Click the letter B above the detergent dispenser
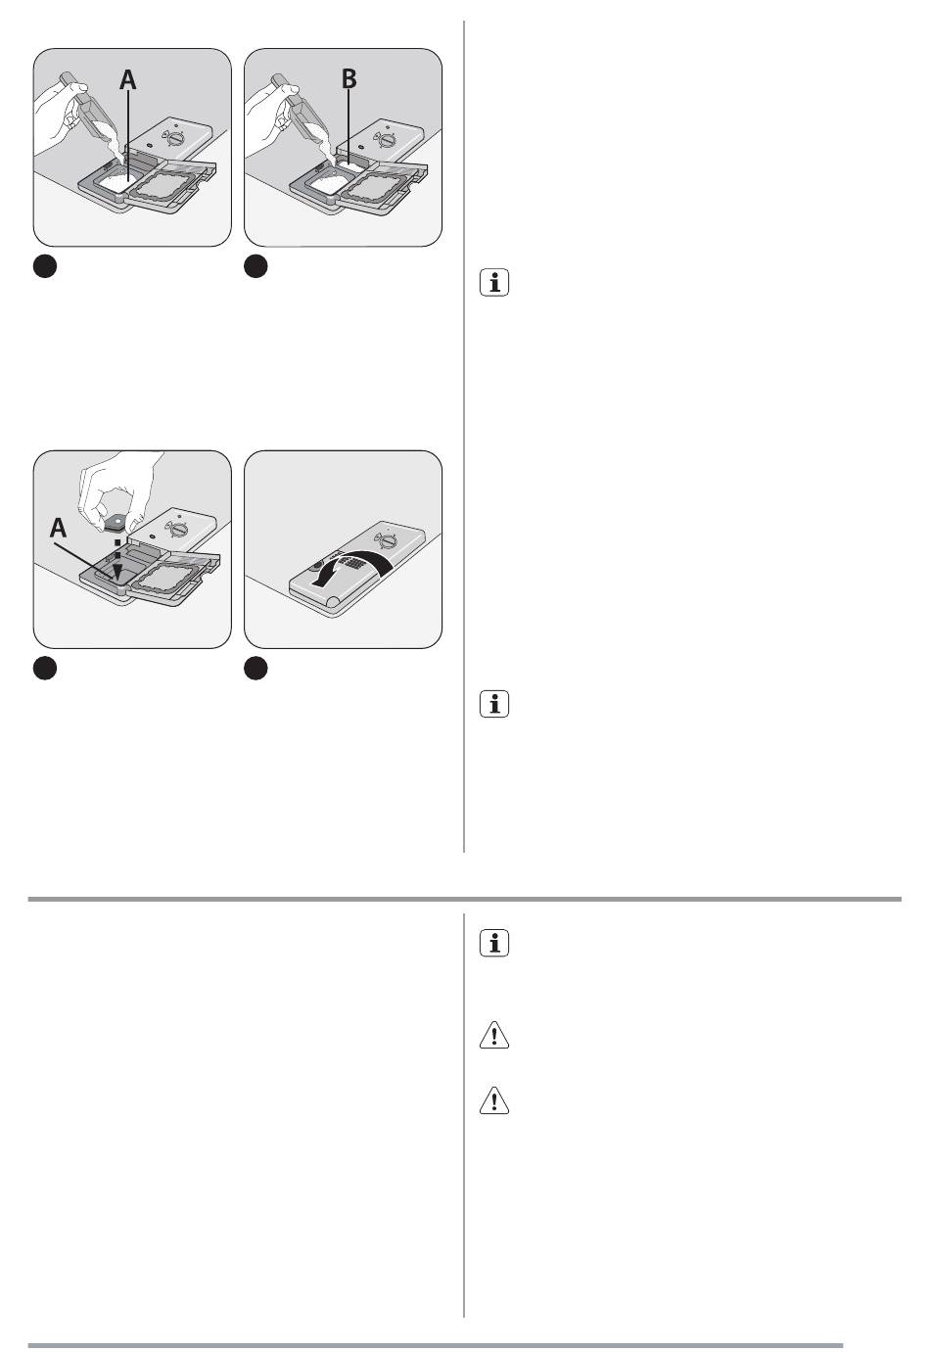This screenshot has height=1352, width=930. [349, 78]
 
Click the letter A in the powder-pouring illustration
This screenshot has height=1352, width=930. [128, 79]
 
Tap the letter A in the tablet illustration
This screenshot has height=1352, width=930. [58, 528]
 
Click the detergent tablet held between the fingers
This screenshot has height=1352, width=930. [118, 522]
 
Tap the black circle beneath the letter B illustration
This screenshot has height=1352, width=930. [256, 266]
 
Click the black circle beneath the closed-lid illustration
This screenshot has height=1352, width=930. [256, 668]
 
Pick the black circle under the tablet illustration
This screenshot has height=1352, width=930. [45, 668]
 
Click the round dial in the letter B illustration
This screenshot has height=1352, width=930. [385, 141]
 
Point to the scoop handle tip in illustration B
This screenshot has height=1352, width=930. [278, 78]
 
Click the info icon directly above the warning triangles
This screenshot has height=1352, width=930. [494, 943]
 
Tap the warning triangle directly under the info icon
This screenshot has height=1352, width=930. [494, 1035]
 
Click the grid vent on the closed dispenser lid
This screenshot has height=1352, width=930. [351, 563]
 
